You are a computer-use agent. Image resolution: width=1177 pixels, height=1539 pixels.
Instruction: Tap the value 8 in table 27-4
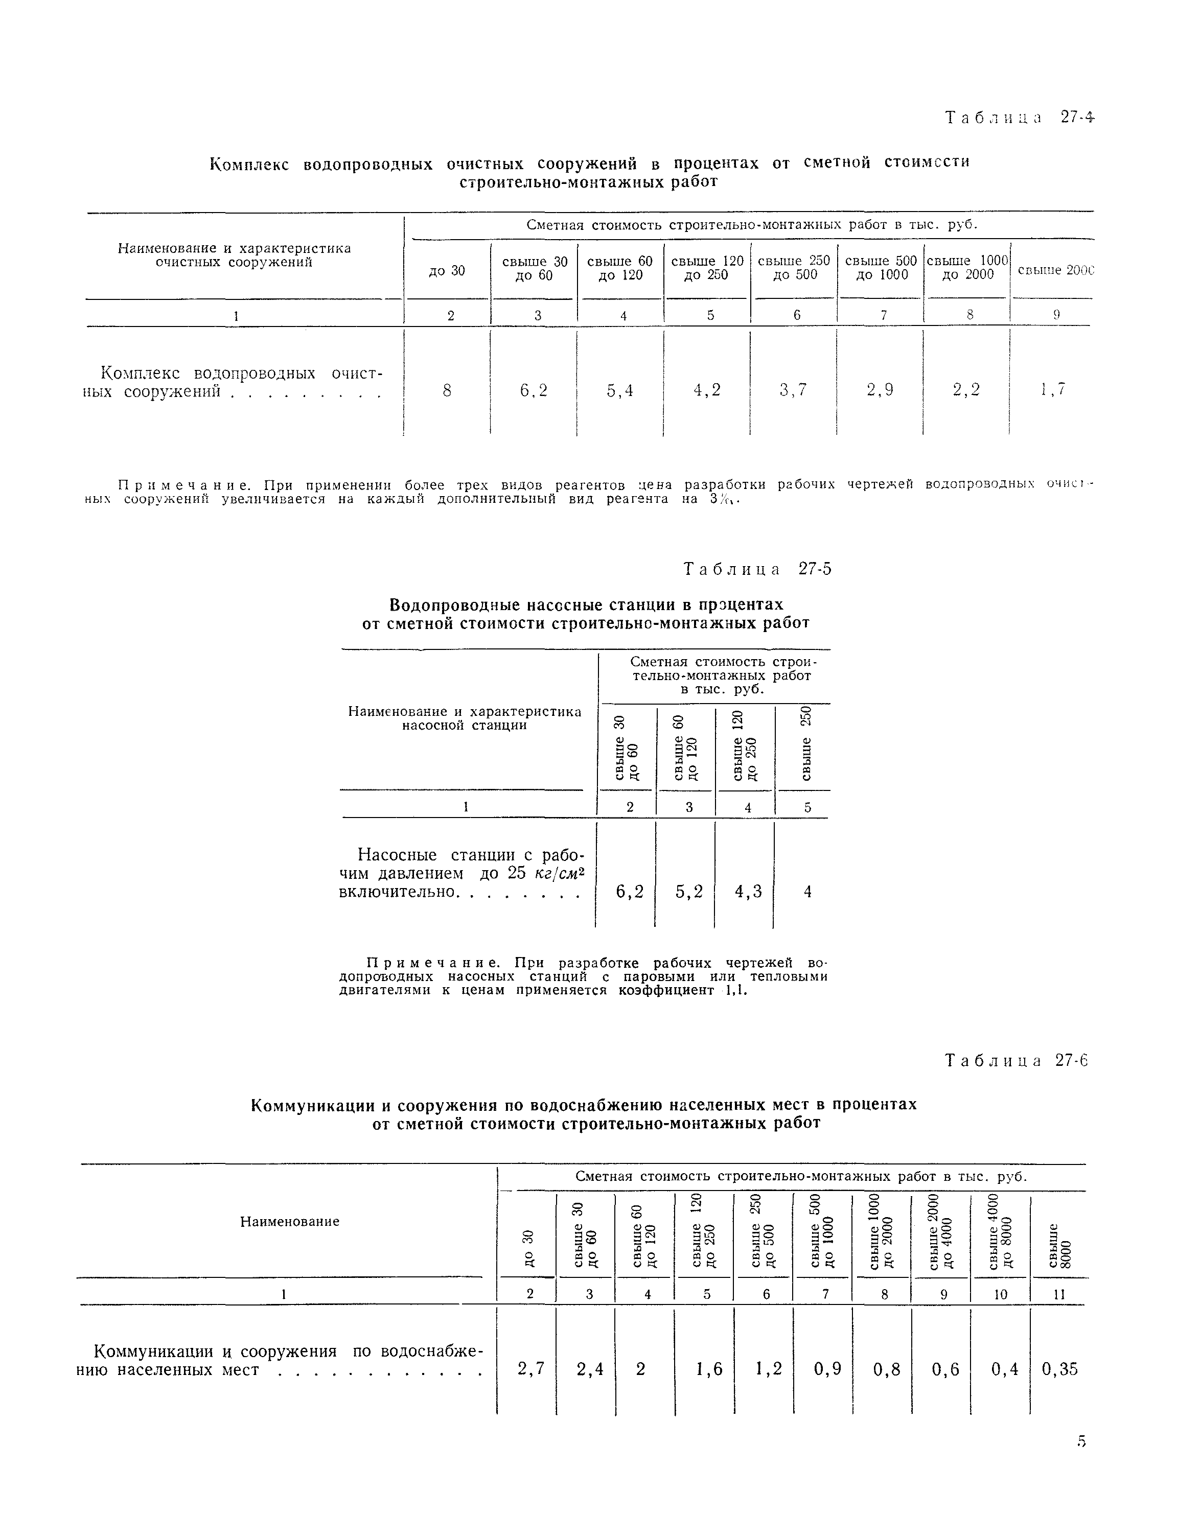point(447,390)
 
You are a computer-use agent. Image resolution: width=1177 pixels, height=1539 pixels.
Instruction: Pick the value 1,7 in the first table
point(1053,390)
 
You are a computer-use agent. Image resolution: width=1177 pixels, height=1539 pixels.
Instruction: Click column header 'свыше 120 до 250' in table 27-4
point(707,268)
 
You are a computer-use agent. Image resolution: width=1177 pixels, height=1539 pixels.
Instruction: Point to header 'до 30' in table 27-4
point(447,270)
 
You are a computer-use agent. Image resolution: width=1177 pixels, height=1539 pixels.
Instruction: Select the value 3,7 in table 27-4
point(793,390)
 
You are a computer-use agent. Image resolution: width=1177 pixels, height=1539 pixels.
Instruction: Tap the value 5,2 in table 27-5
point(689,892)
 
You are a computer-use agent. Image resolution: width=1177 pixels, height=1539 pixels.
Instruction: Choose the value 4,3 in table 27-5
point(748,892)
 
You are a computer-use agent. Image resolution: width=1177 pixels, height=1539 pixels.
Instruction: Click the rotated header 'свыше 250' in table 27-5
point(806,744)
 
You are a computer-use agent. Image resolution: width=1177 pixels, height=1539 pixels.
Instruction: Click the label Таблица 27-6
point(1017,1061)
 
